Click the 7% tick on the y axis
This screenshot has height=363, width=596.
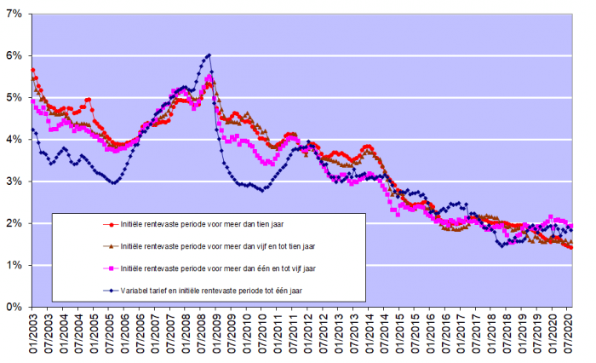[x=14, y=14]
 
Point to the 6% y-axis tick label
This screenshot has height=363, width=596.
[x=14, y=55]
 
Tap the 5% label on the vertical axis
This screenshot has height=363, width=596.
[x=14, y=97]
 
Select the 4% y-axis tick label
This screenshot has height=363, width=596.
[x=14, y=139]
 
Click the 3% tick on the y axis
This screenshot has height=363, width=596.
[x=14, y=181]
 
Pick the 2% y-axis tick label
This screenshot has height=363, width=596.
[x=14, y=222]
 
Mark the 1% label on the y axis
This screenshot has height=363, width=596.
[x=14, y=264]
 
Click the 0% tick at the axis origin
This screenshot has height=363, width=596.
[x=14, y=306]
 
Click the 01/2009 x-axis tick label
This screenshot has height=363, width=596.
[x=216, y=332]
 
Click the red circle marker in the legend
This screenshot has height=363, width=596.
[x=109, y=225]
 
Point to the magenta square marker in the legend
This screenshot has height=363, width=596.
[x=109, y=268]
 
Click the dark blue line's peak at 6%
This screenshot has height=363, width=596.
[x=209, y=55]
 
